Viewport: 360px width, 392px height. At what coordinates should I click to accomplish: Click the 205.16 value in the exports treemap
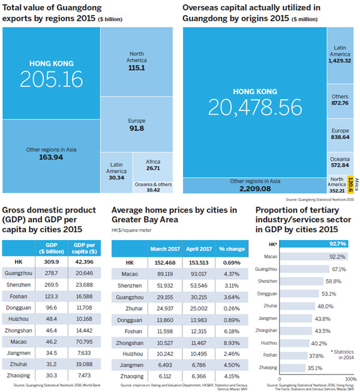tap(50, 79)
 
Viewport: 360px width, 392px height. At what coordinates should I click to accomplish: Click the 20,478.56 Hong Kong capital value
tap(254, 106)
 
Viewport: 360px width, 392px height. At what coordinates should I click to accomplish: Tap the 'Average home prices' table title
tap(174, 214)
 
